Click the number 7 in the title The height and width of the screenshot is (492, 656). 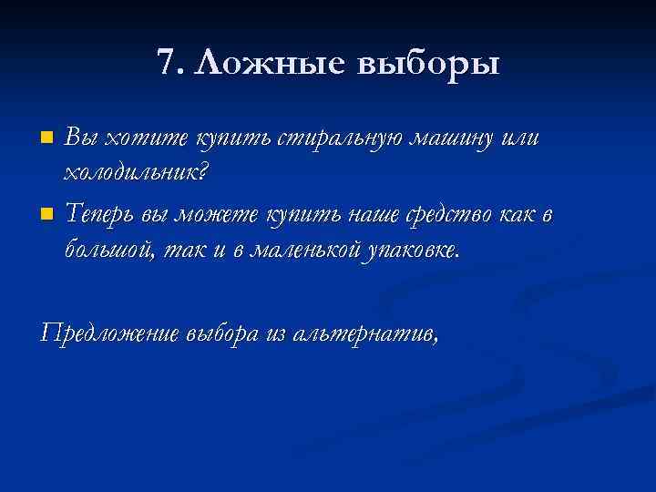point(165,63)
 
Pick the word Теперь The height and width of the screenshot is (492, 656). point(104,215)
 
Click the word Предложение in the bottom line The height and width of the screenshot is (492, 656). point(110,333)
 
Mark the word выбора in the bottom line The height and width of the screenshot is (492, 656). point(223,333)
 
